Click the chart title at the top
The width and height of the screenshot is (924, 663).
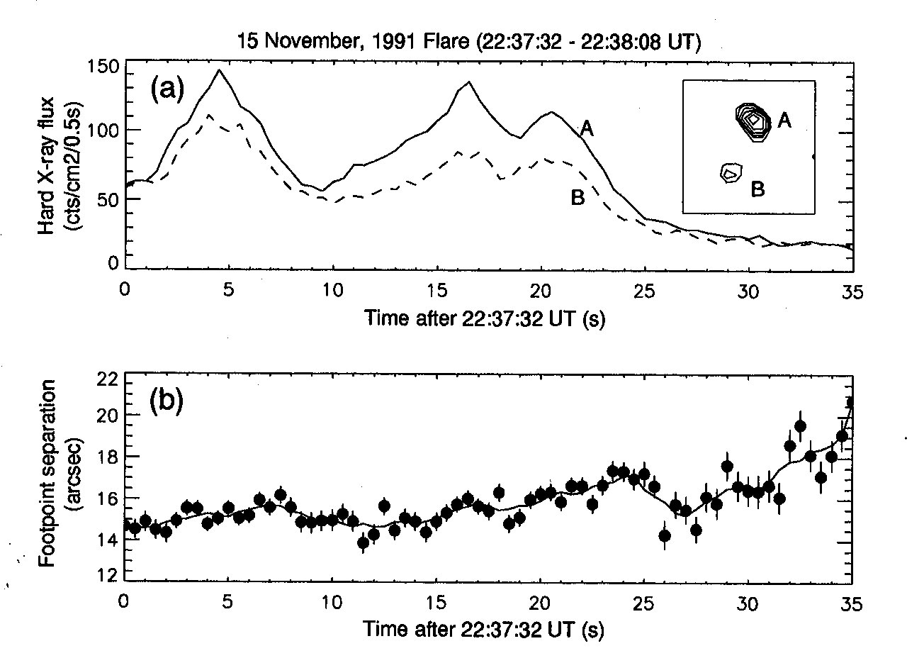coord(469,43)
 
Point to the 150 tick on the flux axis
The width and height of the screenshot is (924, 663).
coord(103,68)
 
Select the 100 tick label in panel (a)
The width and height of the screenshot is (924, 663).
coord(103,132)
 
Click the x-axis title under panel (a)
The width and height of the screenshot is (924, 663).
coord(485,319)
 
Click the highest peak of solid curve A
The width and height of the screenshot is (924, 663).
coord(219,70)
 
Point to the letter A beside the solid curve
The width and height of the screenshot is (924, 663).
coord(587,128)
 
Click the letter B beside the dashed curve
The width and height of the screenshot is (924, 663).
coord(577,198)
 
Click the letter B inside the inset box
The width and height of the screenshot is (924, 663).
coord(757,189)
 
